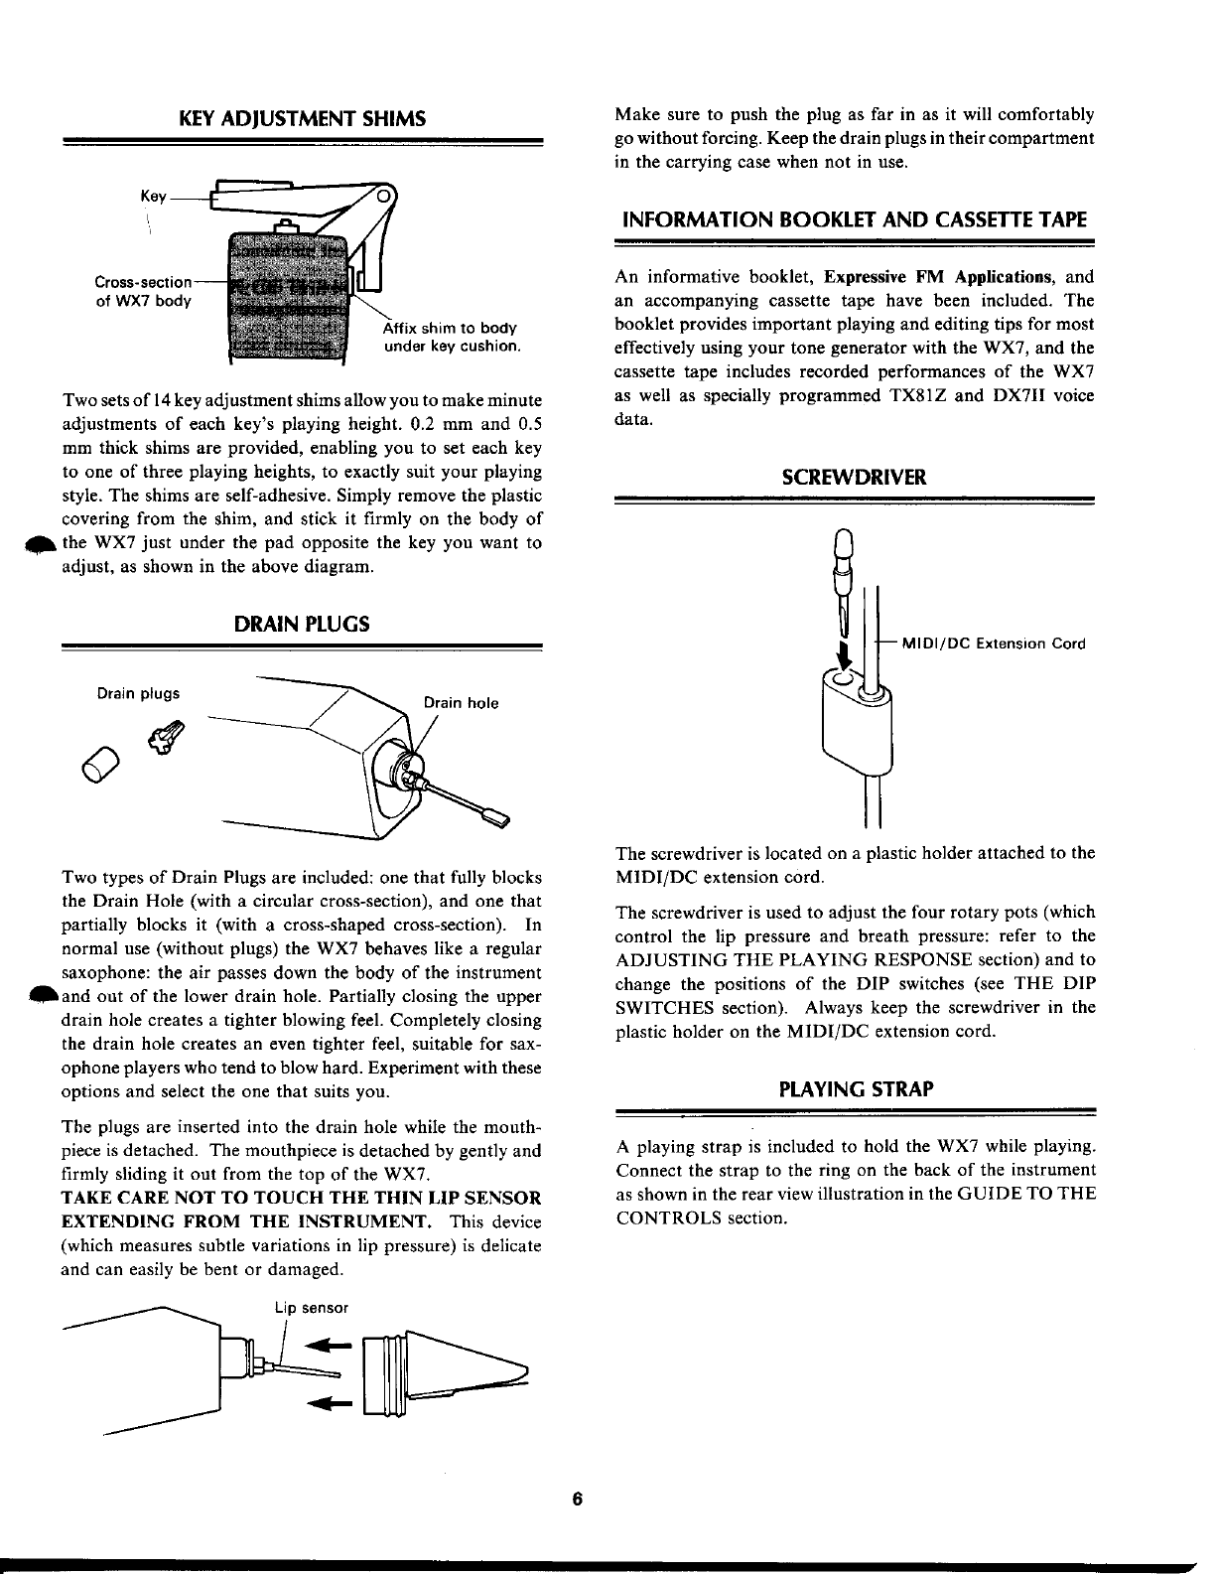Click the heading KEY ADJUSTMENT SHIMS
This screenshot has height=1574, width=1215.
tap(302, 119)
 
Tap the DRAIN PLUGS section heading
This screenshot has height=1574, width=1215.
tap(302, 624)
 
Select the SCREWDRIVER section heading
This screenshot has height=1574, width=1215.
tap(855, 477)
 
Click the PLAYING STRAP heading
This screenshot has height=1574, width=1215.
tap(855, 1088)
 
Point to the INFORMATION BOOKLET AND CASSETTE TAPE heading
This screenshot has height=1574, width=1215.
tap(855, 219)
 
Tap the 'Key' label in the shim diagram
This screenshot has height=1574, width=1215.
tap(153, 197)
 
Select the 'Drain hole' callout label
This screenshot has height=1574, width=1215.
tap(461, 703)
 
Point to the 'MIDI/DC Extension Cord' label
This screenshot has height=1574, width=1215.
tap(993, 643)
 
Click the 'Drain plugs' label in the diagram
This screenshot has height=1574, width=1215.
tap(138, 693)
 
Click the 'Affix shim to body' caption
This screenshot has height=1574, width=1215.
tap(450, 329)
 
